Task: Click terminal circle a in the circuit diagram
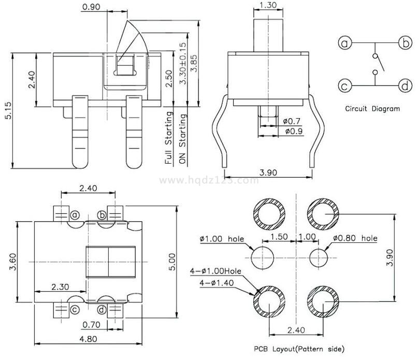345,43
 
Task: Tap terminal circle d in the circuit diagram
404,85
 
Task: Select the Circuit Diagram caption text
372,109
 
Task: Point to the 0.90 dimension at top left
91,7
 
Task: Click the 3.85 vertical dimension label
194,64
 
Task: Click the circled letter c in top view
75,310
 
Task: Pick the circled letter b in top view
102,214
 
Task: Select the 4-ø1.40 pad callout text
218,283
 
